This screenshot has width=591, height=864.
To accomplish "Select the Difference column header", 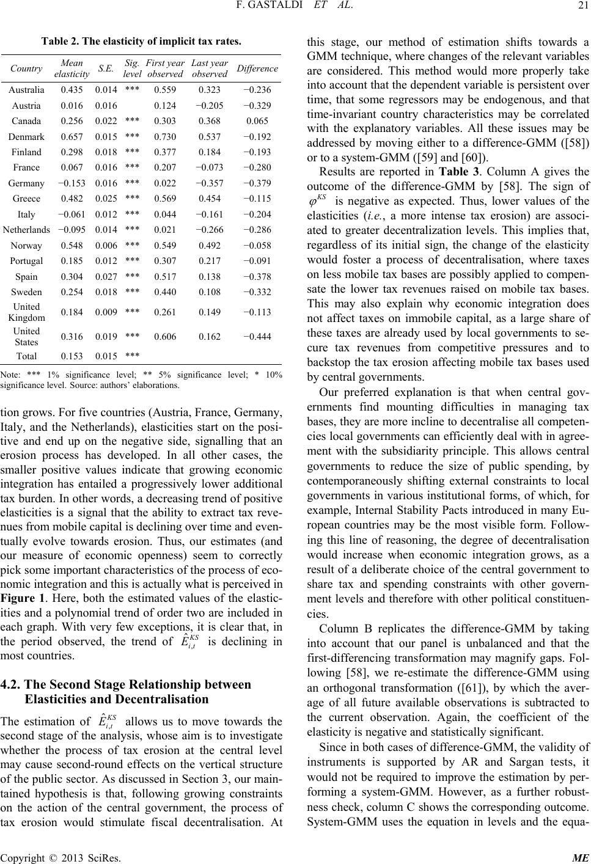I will [257, 69].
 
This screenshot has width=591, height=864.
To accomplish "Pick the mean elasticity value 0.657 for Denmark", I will [72, 136].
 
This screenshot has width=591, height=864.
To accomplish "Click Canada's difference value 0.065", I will [257, 121].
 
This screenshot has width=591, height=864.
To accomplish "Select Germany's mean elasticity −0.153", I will [72, 183].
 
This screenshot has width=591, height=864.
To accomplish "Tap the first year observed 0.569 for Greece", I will [165, 199].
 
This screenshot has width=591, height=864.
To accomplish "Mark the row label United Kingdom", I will [26, 312].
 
